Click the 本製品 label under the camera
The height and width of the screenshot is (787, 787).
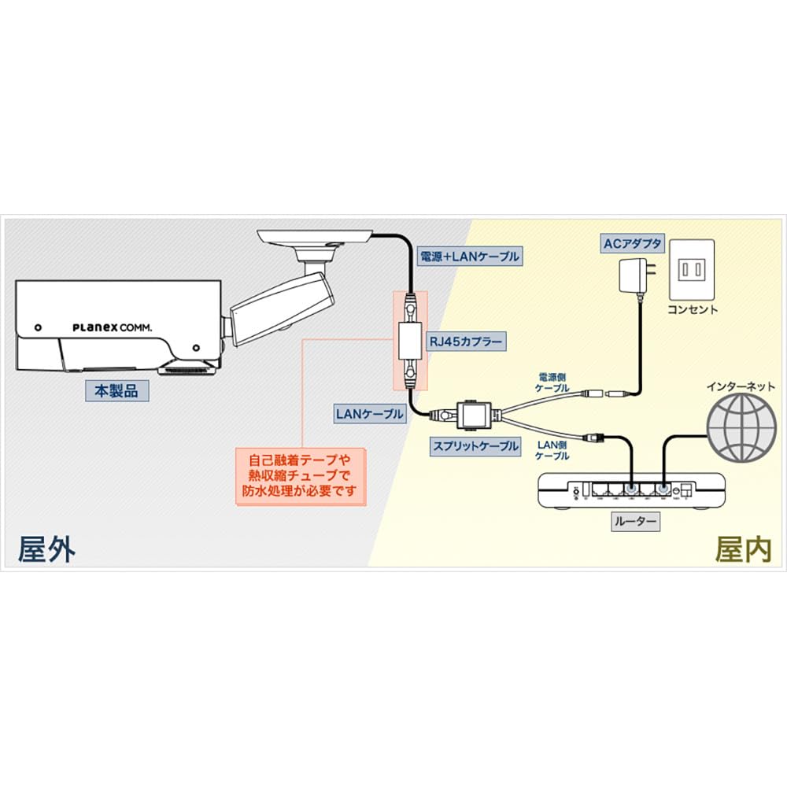116,390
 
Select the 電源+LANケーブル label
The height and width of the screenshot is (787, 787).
468,255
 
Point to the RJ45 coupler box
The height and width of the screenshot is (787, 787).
411,341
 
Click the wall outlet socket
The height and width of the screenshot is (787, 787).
692,270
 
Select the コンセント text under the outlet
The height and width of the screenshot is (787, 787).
693,309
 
